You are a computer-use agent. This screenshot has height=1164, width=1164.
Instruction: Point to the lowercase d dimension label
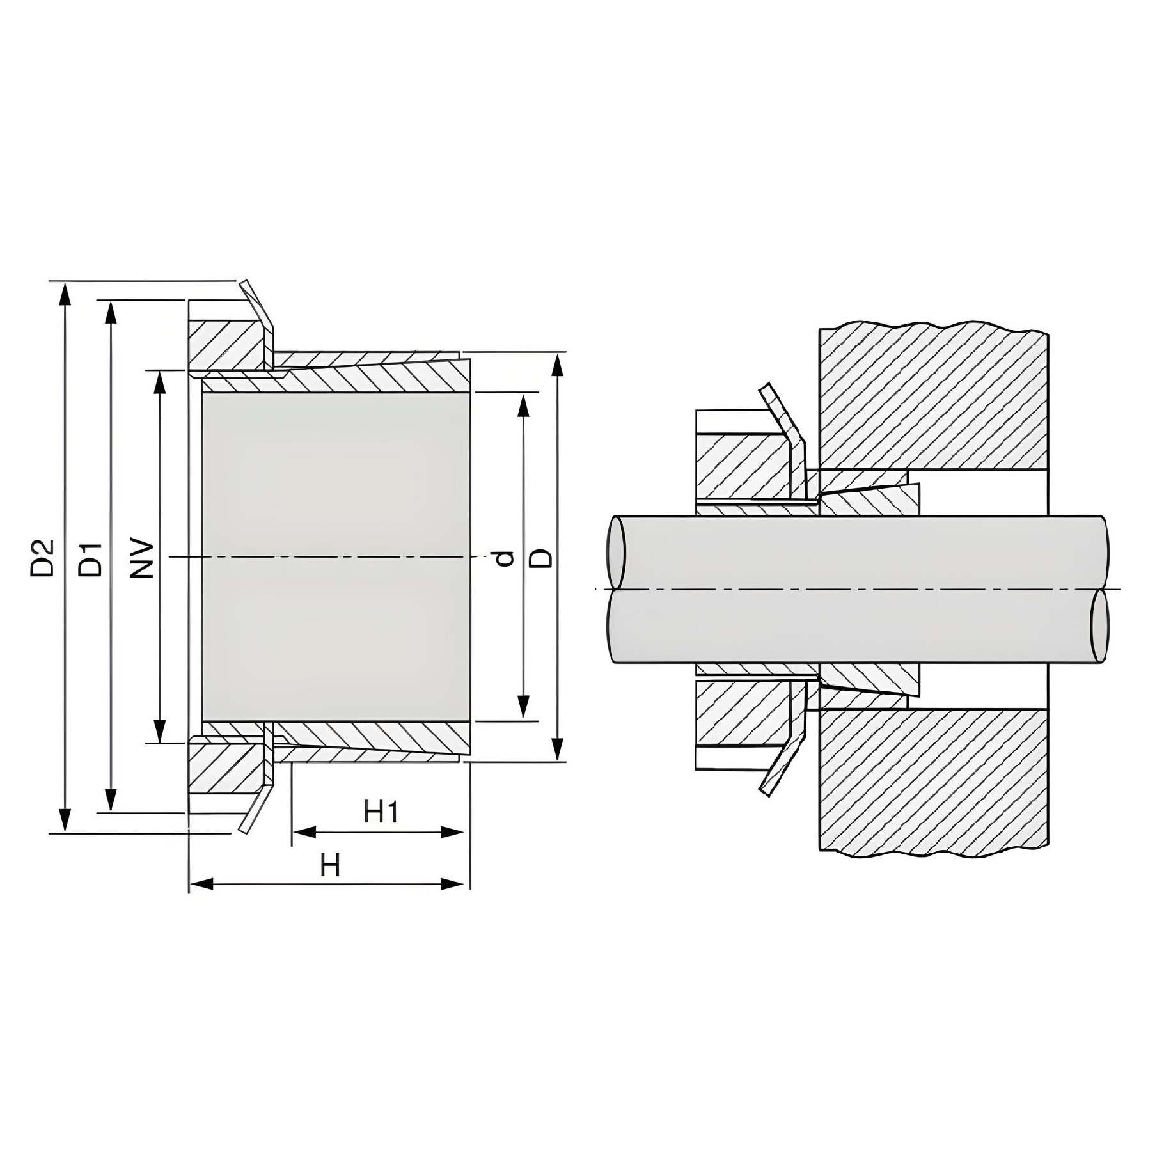coord(505,558)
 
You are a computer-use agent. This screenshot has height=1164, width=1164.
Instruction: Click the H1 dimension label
coord(381,812)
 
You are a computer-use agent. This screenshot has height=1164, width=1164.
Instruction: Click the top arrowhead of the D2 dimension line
coord(64,295)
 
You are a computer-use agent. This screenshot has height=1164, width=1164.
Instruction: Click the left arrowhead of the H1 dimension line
coord(304,832)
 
